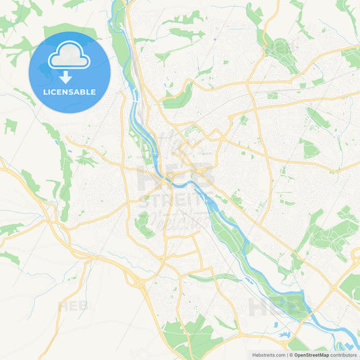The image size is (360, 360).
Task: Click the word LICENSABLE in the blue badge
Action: pos(70,91)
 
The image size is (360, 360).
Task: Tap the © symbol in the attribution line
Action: pos(290,354)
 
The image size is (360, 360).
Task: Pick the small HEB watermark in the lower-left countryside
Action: pos(74,306)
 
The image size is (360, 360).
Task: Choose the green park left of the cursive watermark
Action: pos(145,226)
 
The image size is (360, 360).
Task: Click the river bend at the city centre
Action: pos(177,180)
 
